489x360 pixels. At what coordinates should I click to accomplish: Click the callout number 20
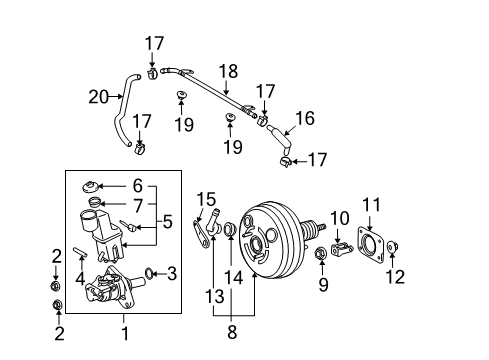coord(99,97)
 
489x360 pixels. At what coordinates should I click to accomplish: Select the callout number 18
coord(228,71)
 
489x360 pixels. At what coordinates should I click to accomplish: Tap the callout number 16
coord(305,118)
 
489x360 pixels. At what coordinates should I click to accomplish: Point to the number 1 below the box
coord(125,333)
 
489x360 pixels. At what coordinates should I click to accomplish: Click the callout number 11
coord(371,204)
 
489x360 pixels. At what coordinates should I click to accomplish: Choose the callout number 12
coord(395,277)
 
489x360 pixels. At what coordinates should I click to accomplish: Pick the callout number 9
coord(323,285)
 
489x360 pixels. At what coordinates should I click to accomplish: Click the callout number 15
coord(206,199)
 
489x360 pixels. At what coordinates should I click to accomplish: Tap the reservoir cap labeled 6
coord(90,186)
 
